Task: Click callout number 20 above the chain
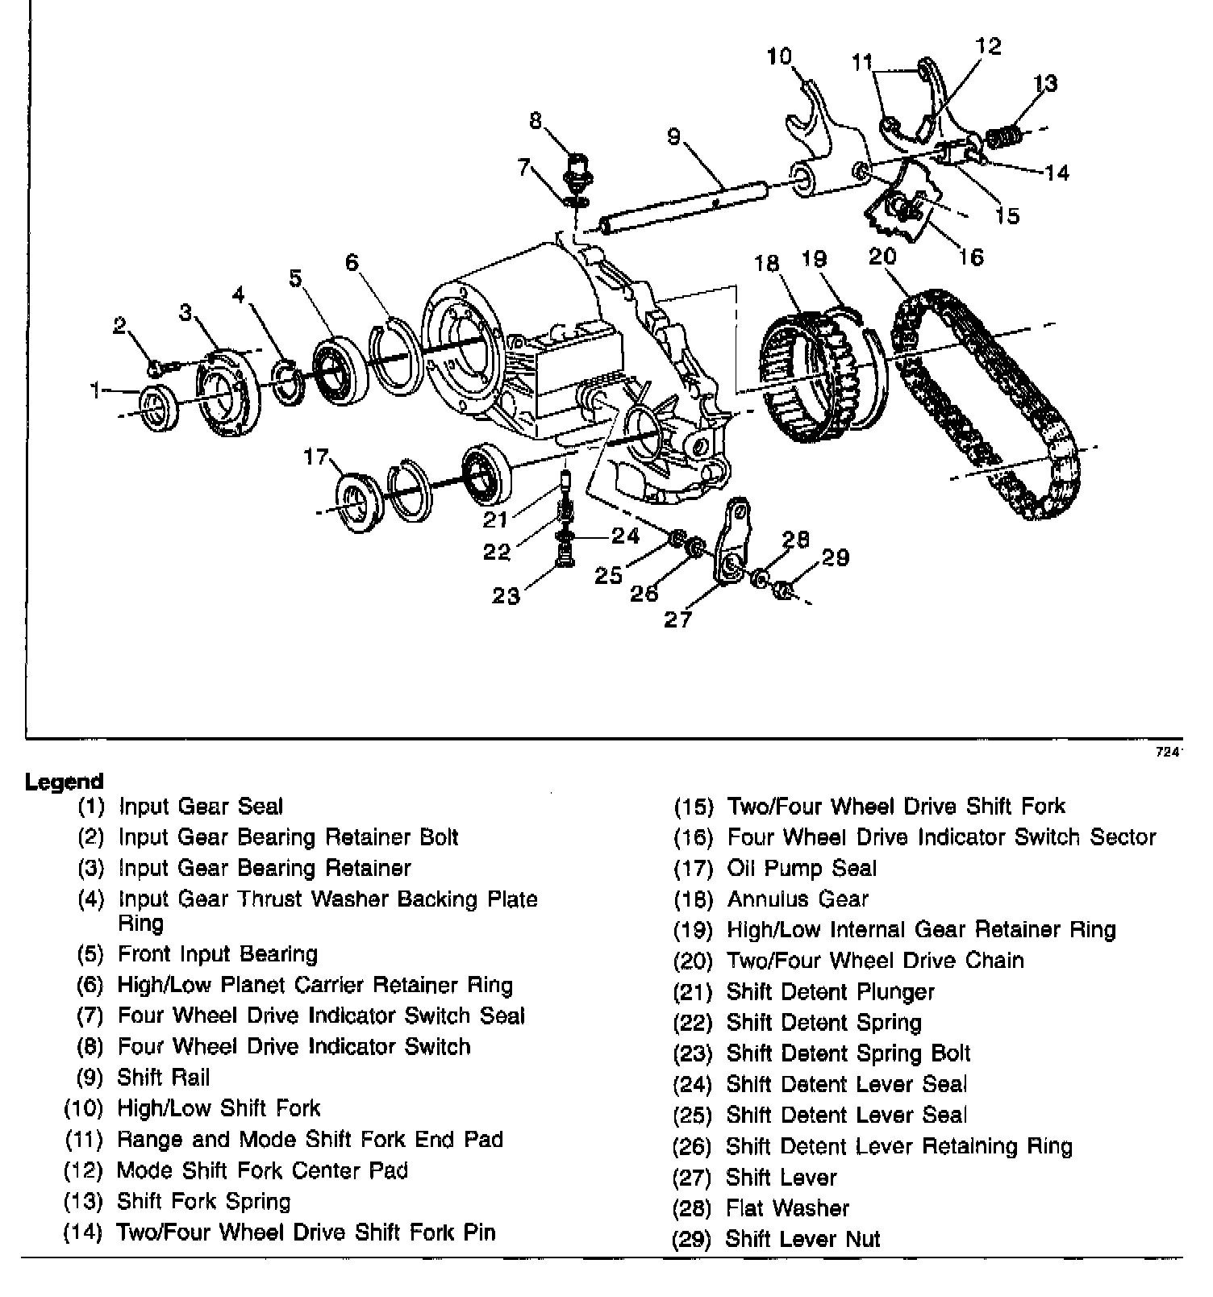pos(882,256)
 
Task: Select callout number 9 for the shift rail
pos(674,136)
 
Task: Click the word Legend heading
pos(65,781)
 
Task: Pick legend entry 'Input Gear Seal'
pos(201,806)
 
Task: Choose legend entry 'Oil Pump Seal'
pos(801,868)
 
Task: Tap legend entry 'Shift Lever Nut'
pos(802,1238)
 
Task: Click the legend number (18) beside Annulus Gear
pos(693,899)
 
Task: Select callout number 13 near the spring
pos(1045,83)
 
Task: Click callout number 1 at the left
pos(96,391)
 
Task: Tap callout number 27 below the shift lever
pos(677,619)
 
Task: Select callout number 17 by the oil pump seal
pos(316,457)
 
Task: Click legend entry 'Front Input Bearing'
pos(218,953)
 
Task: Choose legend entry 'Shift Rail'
pos(164,1077)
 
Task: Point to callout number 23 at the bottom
pos(506,595)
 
